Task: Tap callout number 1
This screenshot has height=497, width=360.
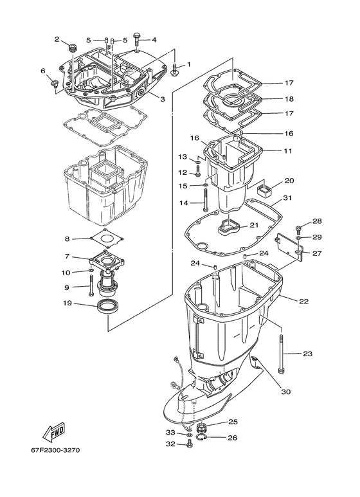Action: click(x=189, y=65)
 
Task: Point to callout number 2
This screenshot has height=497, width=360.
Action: click(x=57, y=39)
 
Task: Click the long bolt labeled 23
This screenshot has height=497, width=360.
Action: click(x=282, y=354)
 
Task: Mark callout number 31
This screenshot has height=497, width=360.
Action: click(x=287, y=198)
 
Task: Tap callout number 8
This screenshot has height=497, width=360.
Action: click(x=66, y=239)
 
